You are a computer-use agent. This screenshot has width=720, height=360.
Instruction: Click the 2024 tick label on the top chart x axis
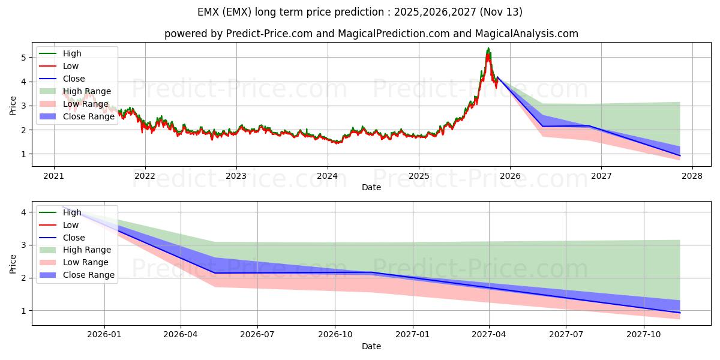(x=327, y=176)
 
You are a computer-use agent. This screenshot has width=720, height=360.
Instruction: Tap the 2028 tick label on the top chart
(x=692, y=176)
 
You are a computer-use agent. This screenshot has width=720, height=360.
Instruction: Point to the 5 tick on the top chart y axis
(x=24, y=58)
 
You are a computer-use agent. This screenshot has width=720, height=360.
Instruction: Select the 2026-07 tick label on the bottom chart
(x=257, y=335)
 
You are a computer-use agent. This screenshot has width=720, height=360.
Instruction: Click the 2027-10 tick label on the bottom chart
(x=644, y=335)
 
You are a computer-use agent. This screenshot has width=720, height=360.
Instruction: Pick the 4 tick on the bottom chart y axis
(x=24, y=212)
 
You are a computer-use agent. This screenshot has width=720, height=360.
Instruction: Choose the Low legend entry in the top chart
(x=71, y=66)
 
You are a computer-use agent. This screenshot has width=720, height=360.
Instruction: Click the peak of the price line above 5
(x=488, y=48)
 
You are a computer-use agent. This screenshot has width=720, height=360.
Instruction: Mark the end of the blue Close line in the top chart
(x=680, y=155)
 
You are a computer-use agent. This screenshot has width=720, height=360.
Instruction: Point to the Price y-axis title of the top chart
(x=13, y=106)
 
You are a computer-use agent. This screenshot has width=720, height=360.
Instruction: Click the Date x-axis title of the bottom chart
(x=371, y=346)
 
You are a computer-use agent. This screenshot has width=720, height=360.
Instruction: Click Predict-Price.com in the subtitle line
(x=269, y=34)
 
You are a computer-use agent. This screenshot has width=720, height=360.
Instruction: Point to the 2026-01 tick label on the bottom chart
(x=104, y=335)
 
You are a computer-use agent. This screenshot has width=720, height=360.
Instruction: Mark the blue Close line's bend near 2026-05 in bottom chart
(x=215, y=273)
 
